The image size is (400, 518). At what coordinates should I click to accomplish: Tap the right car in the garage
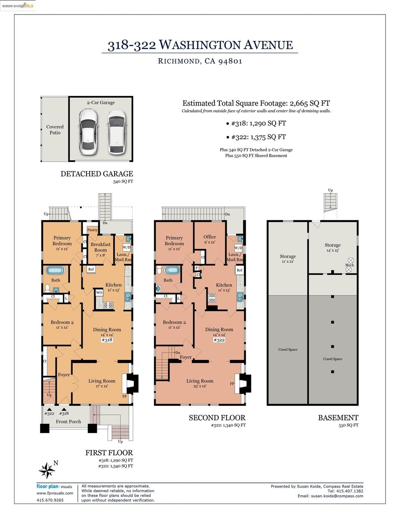116,132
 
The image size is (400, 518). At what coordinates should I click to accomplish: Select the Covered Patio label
55,129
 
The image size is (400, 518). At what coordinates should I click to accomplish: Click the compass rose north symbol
47,470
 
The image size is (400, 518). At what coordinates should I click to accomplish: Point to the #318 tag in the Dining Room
107,340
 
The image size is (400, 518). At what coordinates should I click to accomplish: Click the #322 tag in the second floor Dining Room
219,340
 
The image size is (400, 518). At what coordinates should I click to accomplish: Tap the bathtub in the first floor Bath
55,271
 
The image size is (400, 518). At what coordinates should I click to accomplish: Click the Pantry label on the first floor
92,230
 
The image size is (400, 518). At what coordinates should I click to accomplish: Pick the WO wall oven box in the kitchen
99,293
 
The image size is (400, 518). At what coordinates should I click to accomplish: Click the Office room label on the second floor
210,237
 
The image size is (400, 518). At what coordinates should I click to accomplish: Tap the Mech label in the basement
349,265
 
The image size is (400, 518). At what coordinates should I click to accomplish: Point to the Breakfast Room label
100,247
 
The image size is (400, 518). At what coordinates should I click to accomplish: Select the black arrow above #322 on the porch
49,410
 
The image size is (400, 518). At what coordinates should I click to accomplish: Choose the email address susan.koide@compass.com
337,496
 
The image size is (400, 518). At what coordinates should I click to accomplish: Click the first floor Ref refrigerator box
91,270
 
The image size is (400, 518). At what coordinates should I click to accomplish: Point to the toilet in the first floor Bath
47,288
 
